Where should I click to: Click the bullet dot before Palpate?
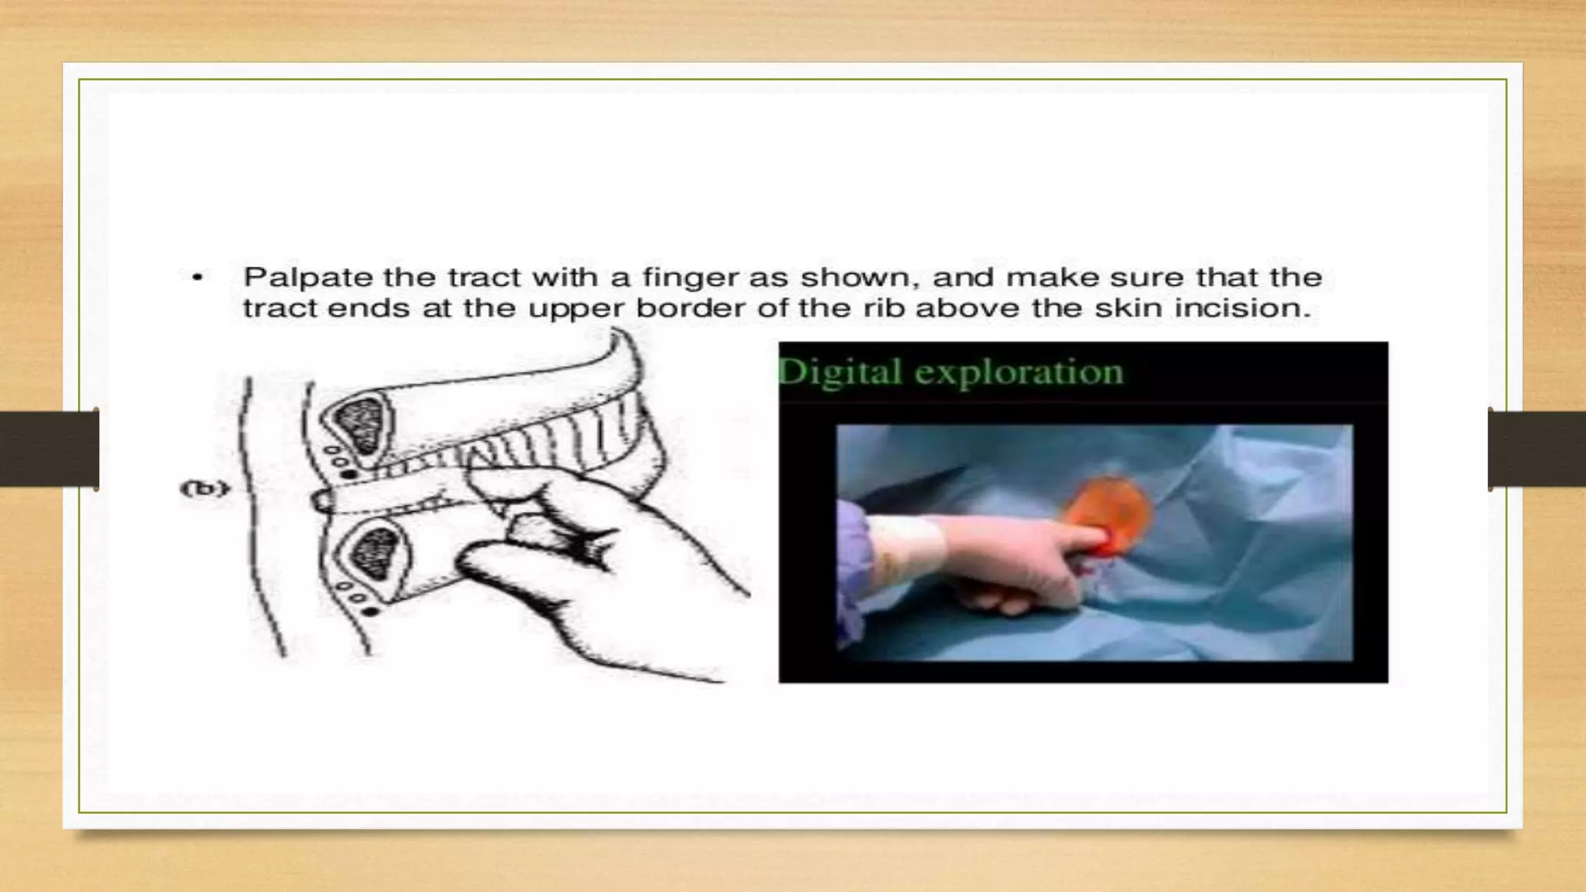pyautogui.click(x=198, y=277)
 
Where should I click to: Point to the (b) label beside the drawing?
pyautogui.click(x=204, y=489)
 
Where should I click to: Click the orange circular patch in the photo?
pyautogui.click(x=1109, y=512)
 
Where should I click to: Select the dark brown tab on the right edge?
pyautogui.click(x=1537, y=449)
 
